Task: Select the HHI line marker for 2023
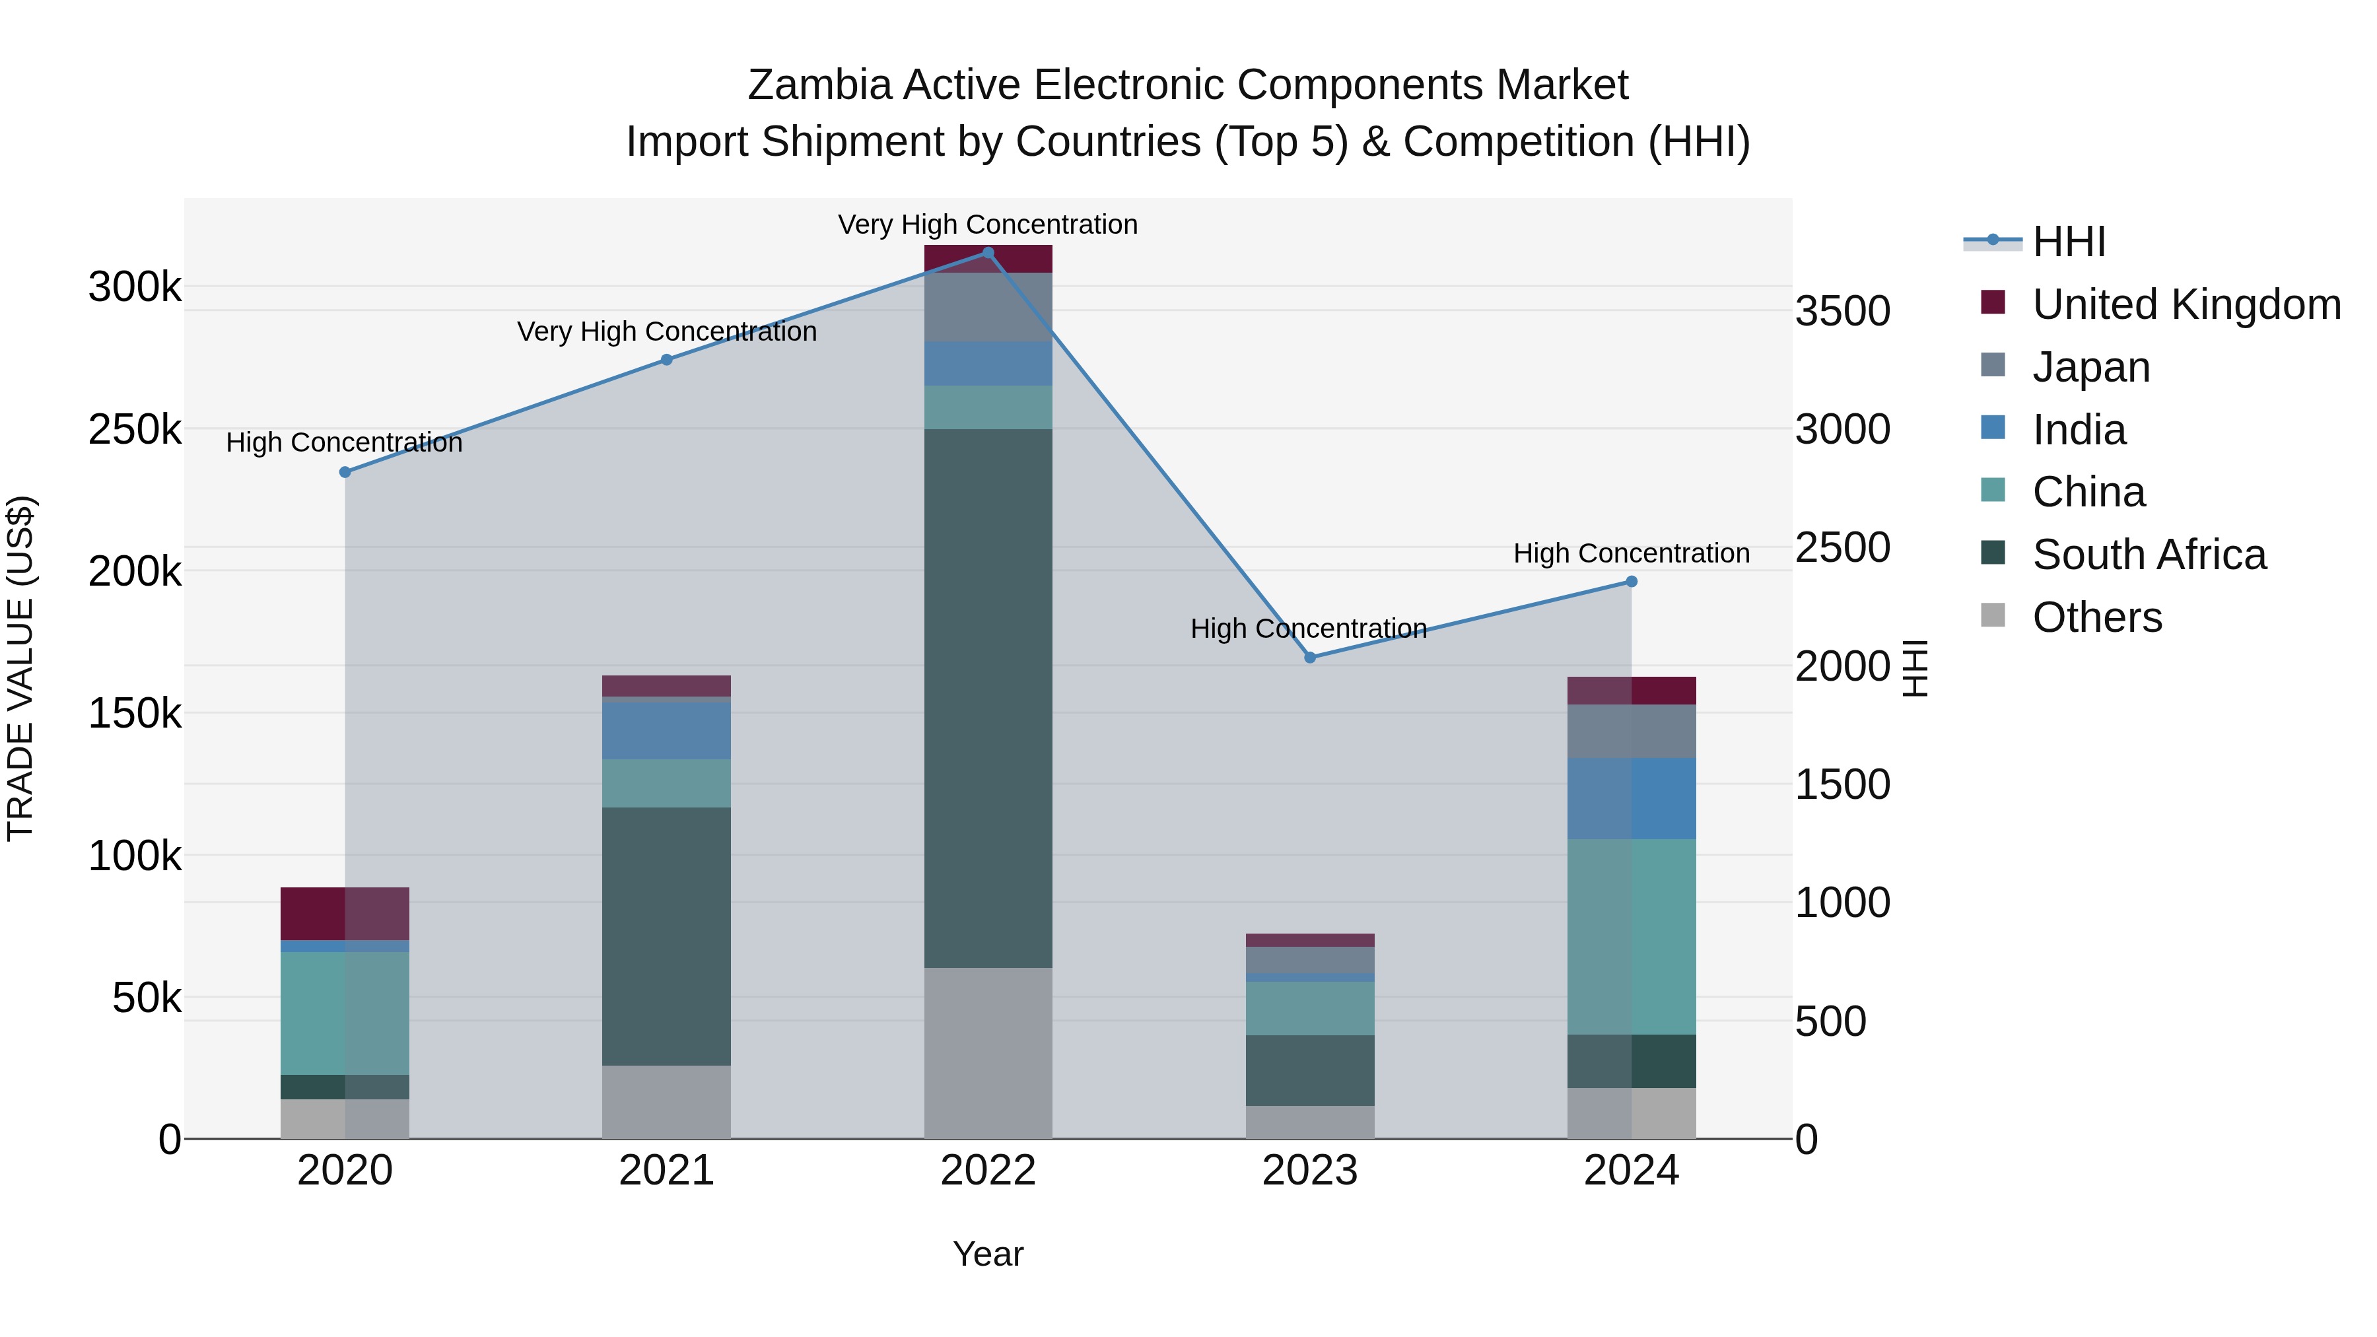tap(1309, 658)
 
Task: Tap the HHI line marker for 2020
tap(345, 473)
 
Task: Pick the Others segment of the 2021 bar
tap(666, 1102)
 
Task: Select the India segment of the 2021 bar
tap(666, 731)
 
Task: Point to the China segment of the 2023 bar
tap(1309, 1008)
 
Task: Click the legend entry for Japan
tap(2091, 367)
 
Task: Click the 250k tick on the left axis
tap(135, 430)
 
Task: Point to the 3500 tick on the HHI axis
tap(1842, 311)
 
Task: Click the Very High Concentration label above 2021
tap(666, 331)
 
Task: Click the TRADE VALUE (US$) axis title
tap(20, 668)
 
